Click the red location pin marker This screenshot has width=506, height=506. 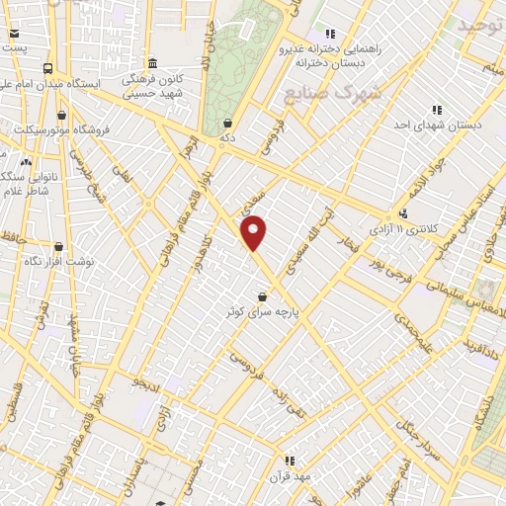point(254,232)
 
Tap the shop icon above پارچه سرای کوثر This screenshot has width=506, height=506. point(262,296)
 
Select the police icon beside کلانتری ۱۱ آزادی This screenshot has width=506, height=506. point(402,213)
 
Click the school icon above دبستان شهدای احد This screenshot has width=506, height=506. point(436,110)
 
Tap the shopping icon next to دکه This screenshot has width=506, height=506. point(228,124)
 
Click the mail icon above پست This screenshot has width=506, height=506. point(14,33)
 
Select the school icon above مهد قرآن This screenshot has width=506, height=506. point(290,461)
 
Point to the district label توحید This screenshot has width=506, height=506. point(480,24)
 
